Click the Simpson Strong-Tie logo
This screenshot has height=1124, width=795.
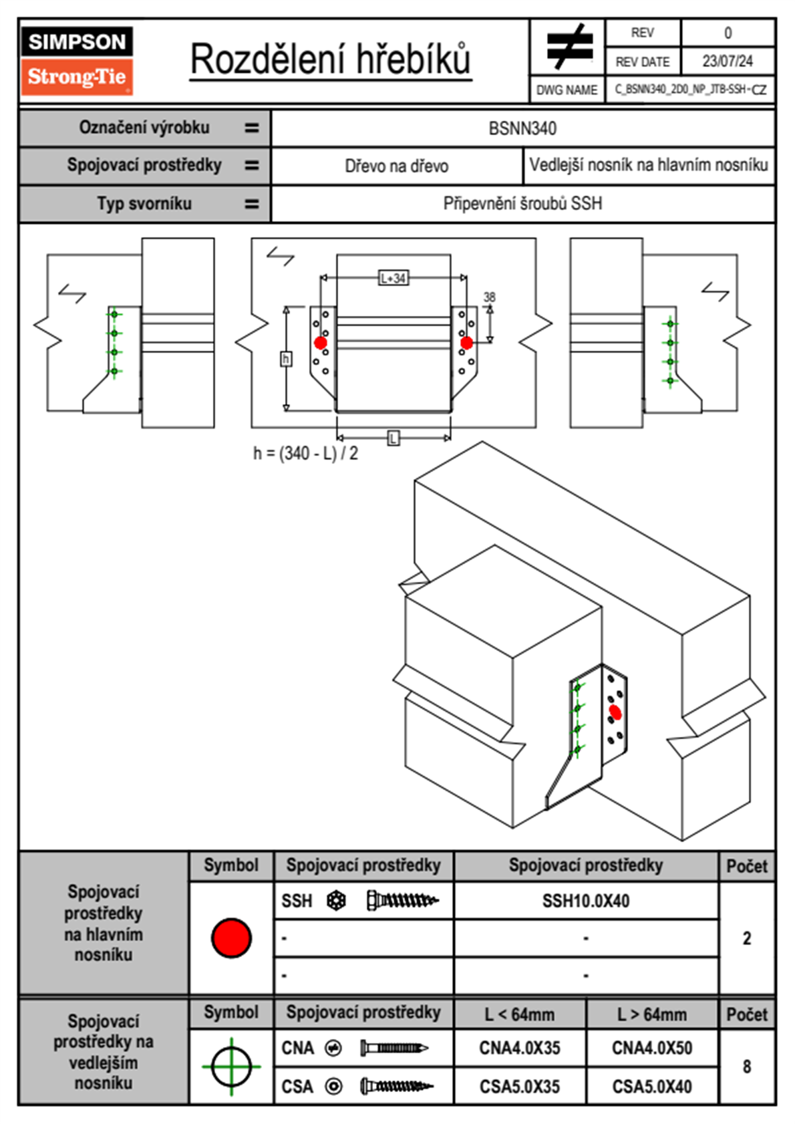click(76, 60)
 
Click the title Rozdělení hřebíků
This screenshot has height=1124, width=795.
click(331, 59)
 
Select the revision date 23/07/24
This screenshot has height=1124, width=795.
click(727, 61)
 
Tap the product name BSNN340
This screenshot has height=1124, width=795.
click(522, 128)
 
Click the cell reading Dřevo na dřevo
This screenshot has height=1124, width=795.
click(396, 166)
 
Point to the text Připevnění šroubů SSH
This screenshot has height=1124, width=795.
click(522, 204)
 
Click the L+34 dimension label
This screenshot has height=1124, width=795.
click(393, 278)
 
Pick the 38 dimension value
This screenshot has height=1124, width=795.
click(489, 297)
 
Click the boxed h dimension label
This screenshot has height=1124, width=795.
click(286, 360)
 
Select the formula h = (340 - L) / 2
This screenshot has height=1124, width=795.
click(305, 454)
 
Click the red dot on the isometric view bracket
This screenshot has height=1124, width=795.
click(615, 713)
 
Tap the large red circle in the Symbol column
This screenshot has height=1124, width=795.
click(231, 938)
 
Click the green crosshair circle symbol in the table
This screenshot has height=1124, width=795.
click(231, 1067)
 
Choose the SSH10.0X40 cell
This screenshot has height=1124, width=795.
click(585, 901)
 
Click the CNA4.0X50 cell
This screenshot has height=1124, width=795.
click(651, 1048)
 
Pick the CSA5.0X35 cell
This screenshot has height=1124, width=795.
click(519, 1087)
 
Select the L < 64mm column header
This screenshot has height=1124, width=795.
click(519, 1014)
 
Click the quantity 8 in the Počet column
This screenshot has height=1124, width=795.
click(746, 1067)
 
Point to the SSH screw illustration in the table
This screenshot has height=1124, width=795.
click(402, 901)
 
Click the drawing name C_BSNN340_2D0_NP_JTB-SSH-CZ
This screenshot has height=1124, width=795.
click(690, 90)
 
